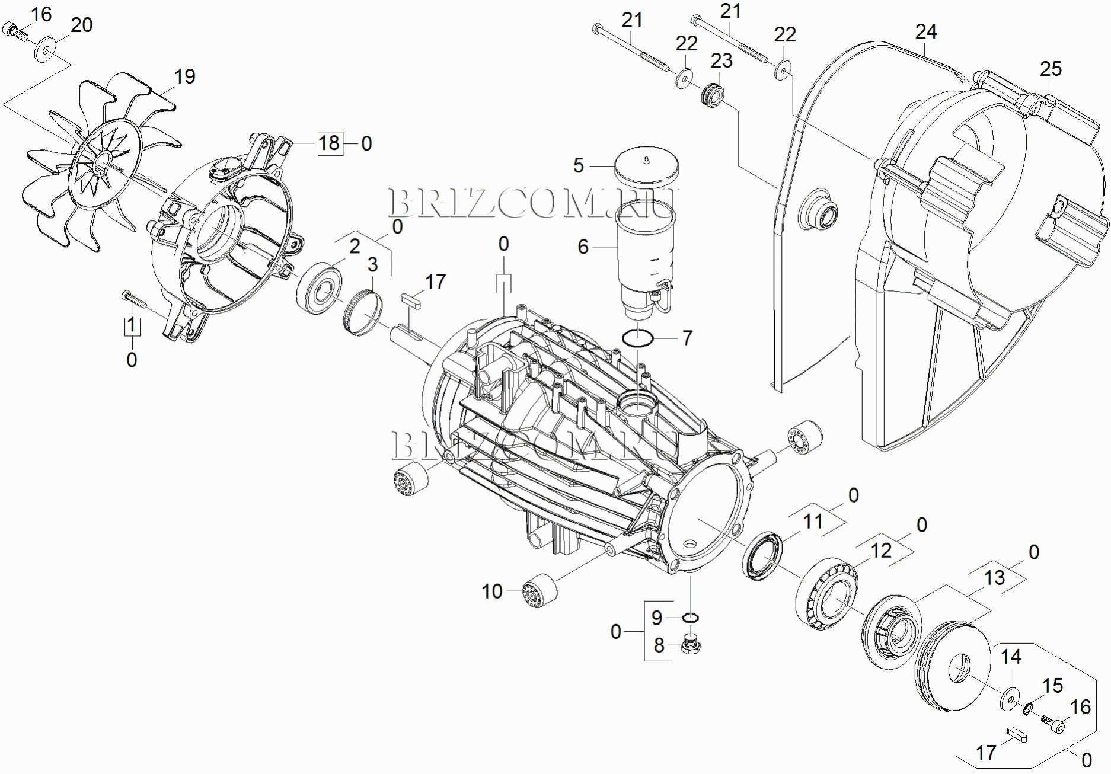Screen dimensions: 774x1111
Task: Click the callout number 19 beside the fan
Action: coord(184,76)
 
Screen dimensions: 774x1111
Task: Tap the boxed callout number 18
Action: coord(329,143)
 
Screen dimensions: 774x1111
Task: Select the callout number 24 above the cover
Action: coord(925,31)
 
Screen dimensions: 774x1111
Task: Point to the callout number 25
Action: coord(1051,69)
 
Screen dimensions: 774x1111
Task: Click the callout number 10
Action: coord(492,591)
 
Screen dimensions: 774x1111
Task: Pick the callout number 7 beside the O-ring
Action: coord(687,338)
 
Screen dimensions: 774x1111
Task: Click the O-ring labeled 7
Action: coord(638,338)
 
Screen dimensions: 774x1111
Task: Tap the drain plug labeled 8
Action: coord(691,644)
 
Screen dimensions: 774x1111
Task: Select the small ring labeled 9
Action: coord(690,618)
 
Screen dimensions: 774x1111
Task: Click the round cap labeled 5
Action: coord(646,165)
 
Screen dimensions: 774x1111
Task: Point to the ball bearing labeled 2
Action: coord(320,290)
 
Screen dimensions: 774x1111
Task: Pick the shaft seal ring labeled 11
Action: coord(762,555)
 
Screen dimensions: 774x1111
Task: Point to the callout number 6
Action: coord(583,247)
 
